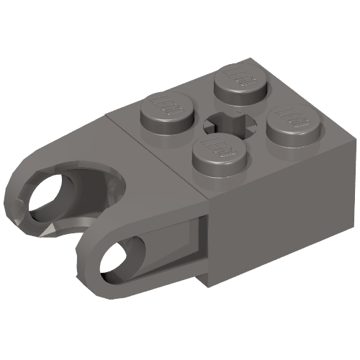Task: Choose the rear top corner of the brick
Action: [249, 59]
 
